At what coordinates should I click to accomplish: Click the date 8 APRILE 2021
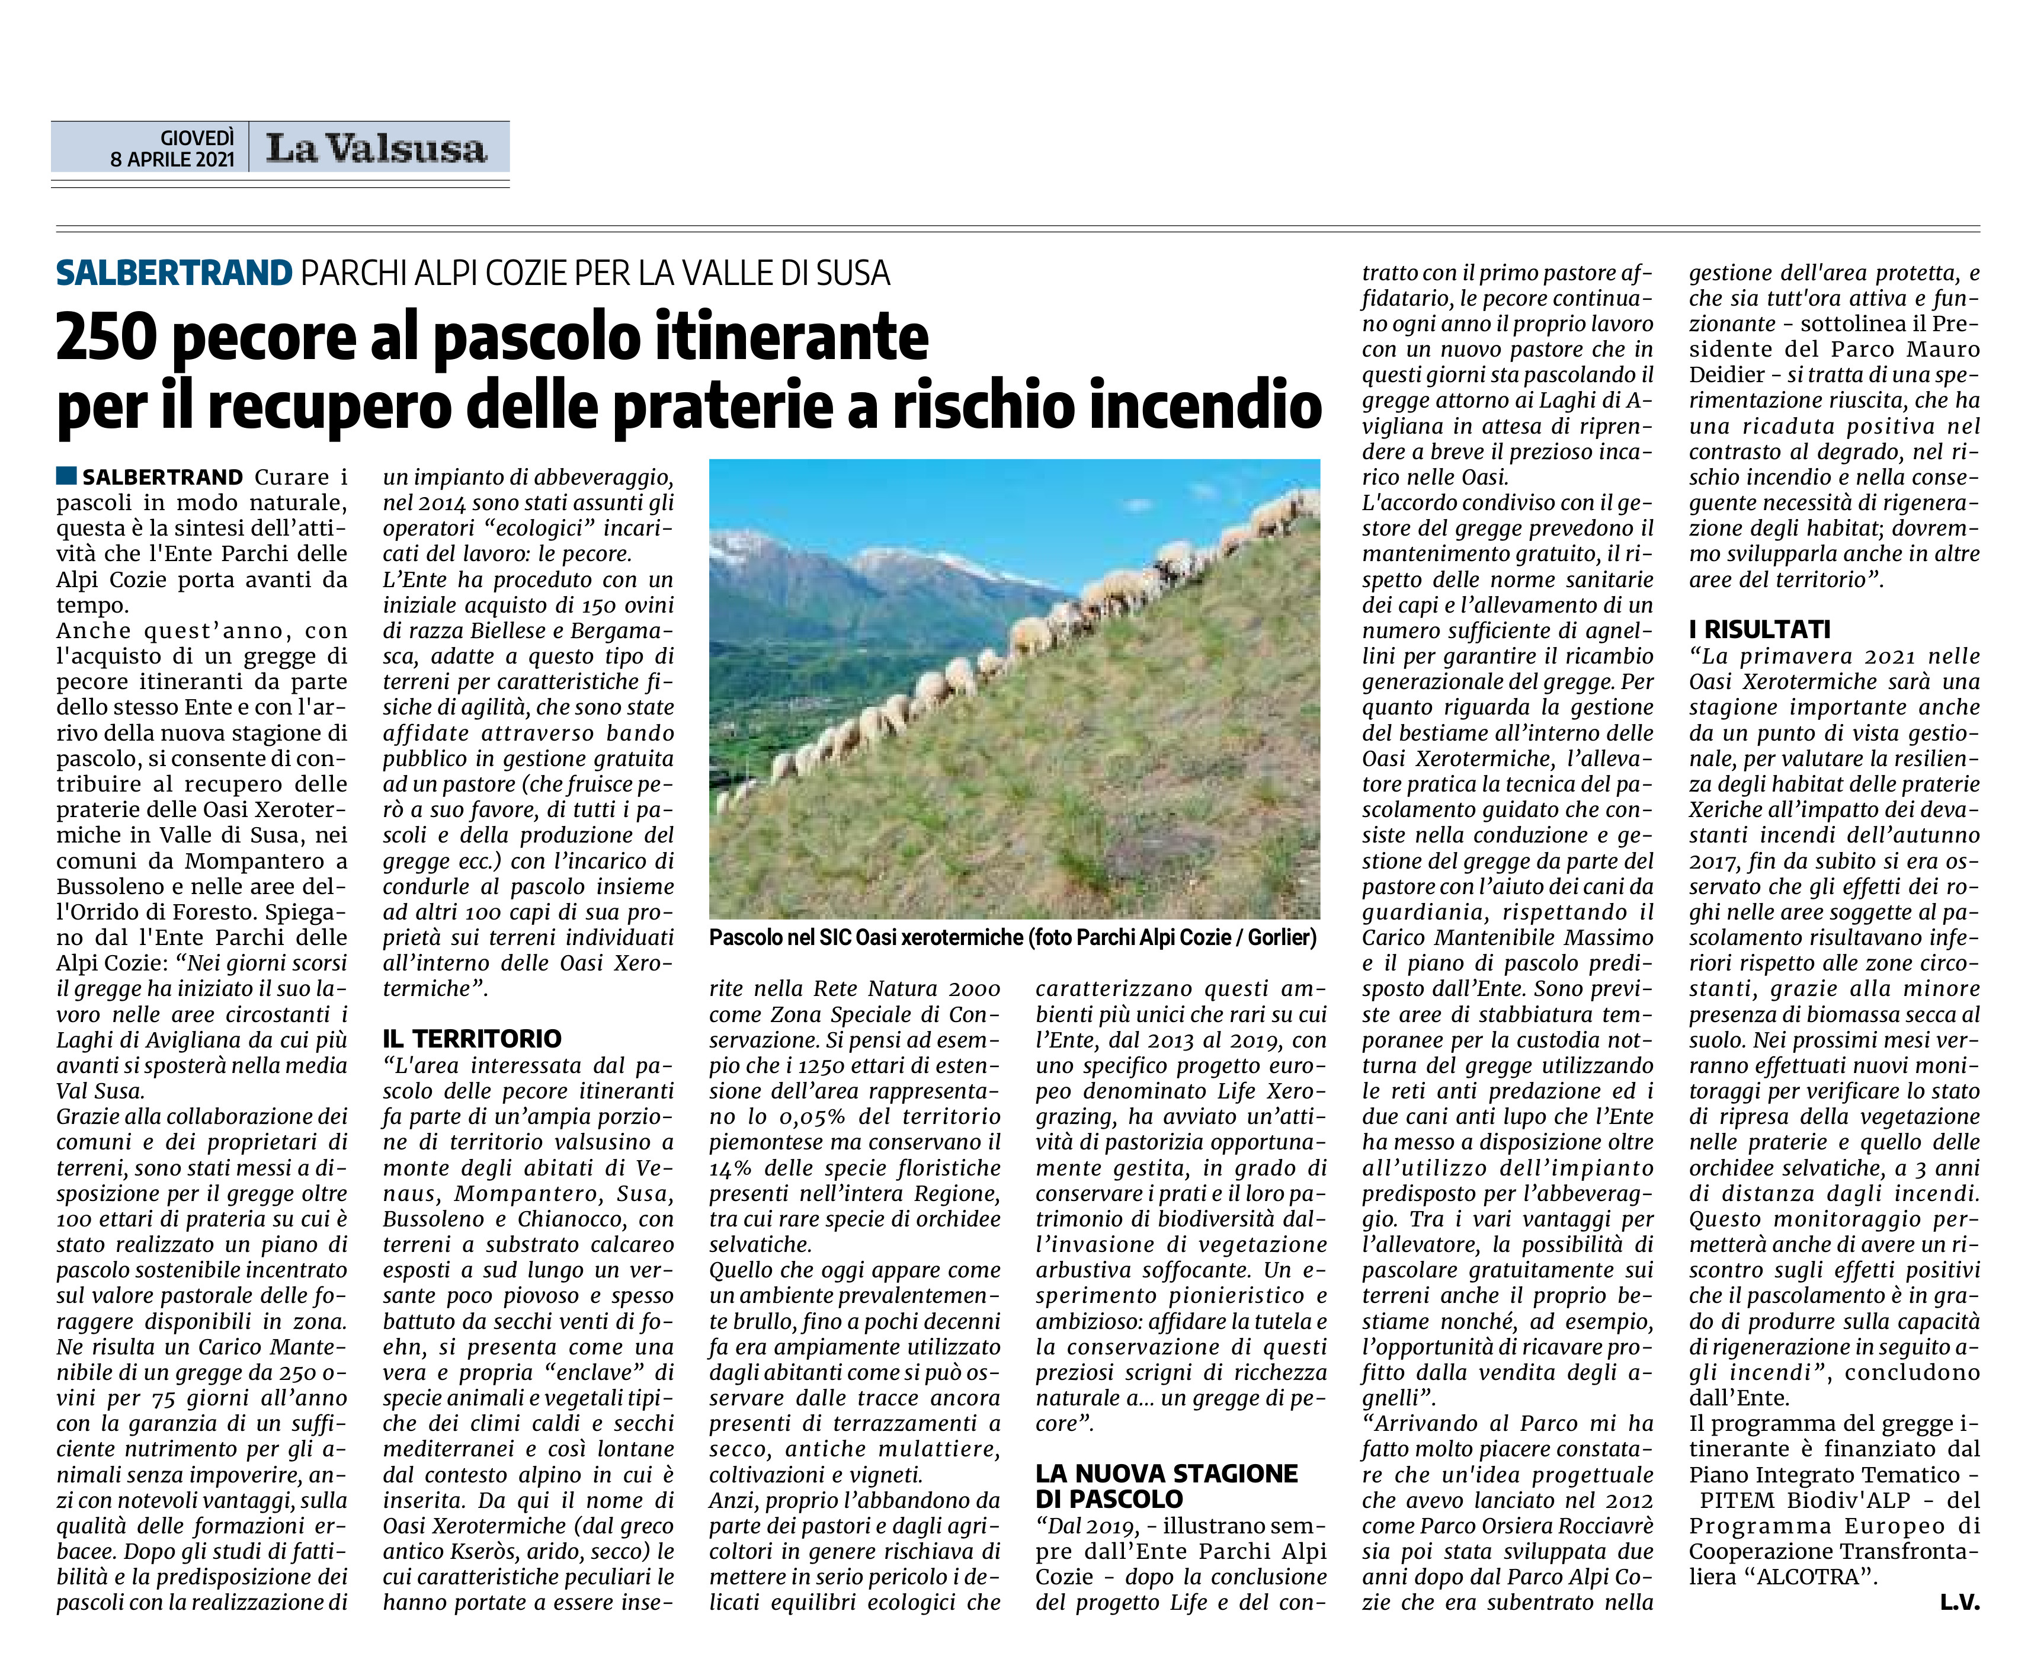172,159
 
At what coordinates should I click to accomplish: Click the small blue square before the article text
66,476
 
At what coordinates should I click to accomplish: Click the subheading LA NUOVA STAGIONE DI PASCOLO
1166,1486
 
